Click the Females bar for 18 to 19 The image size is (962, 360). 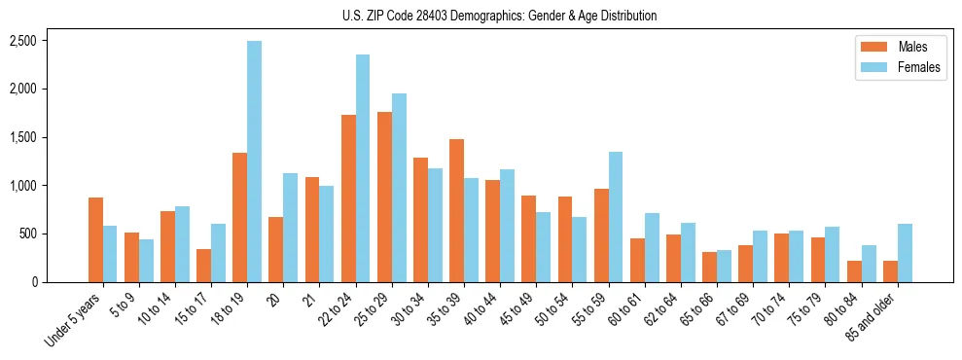(x=254, y=162)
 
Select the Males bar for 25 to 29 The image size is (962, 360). (x=384, y=197)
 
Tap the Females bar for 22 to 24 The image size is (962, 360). (x=363, y=168)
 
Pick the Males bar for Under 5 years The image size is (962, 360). (x=95, y=239)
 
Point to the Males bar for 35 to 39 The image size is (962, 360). (x=456, y=210)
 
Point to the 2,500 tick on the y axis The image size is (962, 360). (x=23, y=41)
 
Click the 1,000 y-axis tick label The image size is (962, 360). (x=23, y=186)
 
